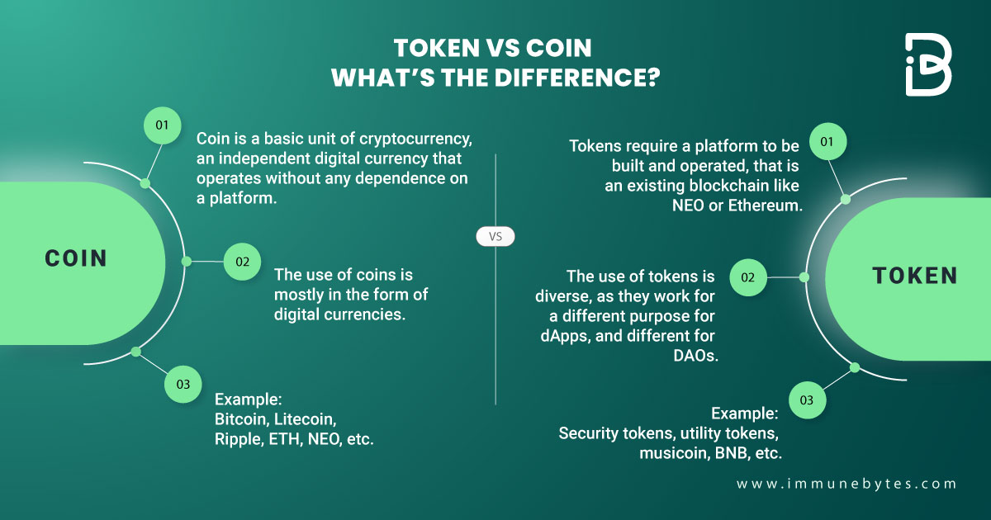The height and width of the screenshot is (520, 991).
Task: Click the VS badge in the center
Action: coord(495,237)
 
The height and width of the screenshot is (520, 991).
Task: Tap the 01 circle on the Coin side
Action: coord(162,125)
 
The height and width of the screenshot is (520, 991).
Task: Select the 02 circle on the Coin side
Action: coord(242,262)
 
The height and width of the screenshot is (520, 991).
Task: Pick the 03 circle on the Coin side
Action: coord(183,384)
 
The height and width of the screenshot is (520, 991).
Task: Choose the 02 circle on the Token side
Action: coord(747,278)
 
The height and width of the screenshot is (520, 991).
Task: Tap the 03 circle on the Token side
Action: coord(807,400)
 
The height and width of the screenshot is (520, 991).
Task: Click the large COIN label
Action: coord(76,258)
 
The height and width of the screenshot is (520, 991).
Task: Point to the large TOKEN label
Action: coord(915,276)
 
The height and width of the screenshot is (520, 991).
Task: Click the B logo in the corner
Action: coord(928,65)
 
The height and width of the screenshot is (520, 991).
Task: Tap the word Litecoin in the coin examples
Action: coord(306,419)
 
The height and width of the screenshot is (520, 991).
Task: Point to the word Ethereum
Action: coord(766,206)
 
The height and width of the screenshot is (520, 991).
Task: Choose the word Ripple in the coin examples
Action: coord(238,439)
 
